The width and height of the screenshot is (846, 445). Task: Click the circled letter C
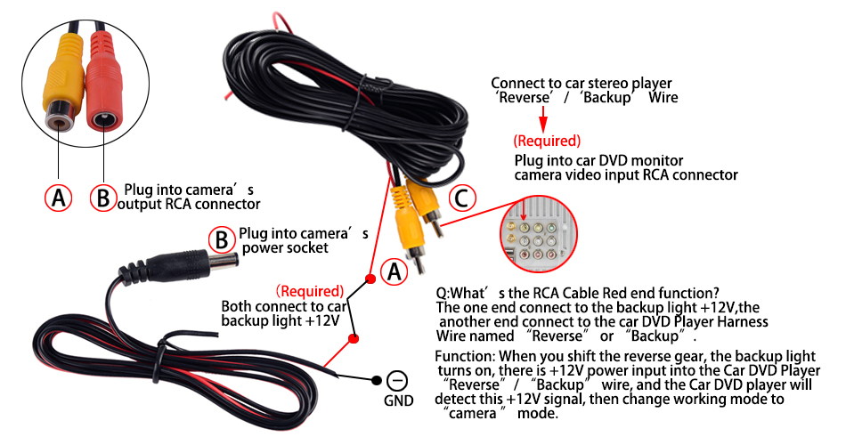pyautogui.click(x=460, y=198)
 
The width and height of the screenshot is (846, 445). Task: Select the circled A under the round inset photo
pyautogui.click(x=59, y=198)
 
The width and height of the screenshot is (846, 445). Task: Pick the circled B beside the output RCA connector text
pyautogui.click(x=102, y=198)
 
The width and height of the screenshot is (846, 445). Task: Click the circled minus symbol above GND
pyautogui.click(x=398, y=381)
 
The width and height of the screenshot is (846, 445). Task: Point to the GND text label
pyautogui.click(x=398, y=401)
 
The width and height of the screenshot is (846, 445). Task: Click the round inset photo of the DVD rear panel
pyautogui.click(x=534, y=233)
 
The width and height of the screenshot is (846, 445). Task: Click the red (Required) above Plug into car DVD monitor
pyautogui.click(x=547, y=142)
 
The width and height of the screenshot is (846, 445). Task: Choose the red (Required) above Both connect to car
pyautogui.click(x=309, y=291)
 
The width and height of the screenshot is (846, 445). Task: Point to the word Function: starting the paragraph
pyautogui.click(x=463, y=356)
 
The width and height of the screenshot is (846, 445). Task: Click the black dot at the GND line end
pyautogui.click(x=376, y=380)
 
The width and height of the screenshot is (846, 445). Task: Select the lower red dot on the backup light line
pyautogui.click(x=354, y=338)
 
